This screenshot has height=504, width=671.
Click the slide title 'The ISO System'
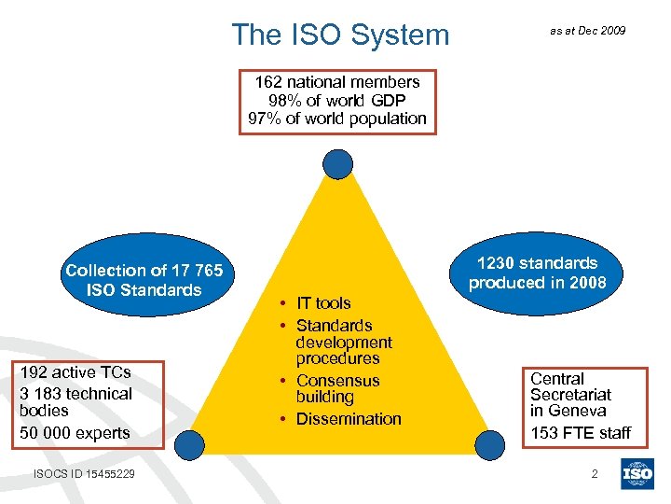pyautogui.click(x=340, y=35)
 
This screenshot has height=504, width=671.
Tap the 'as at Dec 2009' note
pyautogui.click(x=587, y=31)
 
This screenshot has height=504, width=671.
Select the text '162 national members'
pyautogui.click(x=337, y=82)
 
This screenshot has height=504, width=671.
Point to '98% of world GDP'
pyautogui.click(x=337, y=100)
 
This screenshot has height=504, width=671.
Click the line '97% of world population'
pyautogui.click(x=337, y=119)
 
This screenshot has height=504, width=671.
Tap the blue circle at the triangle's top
pyautogui.click(x=337, y=164)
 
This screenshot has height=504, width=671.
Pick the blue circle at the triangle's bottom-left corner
pyautogui.click(x=191, y=443)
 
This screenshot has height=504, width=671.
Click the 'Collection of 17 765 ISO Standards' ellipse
pyautogui.click(x=144, y=280)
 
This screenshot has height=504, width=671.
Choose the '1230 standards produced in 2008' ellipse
pyautogui.click(x=537, y=273)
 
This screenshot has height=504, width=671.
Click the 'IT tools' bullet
pyautogui.click(x=322, y=302)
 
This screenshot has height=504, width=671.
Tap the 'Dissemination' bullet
pyautogui.click(x=348, y=419)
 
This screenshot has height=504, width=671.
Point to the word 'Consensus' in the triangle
pyautogui.click(x=337, y=381)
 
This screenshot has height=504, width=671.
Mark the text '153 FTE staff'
pyautogui.click(x=581, y=432)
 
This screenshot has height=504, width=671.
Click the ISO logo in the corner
pyautogui.click(x=638, y=474)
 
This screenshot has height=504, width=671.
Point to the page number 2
pyautogui.click(x=595, y=474)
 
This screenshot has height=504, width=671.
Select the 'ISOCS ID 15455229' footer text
pyautogui.click(x=84, y=474)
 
